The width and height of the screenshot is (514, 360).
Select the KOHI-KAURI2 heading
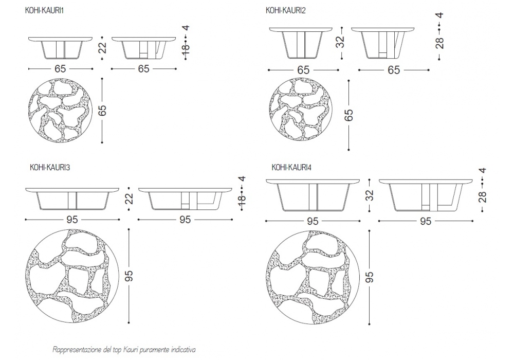point(286,10)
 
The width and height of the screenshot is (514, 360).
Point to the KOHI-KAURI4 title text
point(291,167)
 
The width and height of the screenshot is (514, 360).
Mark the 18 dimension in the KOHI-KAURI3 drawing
point(243,199)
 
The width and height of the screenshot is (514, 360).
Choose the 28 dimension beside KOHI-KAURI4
point(482,196)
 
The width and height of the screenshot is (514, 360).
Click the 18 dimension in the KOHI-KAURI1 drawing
point(186,48)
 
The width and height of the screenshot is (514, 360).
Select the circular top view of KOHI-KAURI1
point(61,110)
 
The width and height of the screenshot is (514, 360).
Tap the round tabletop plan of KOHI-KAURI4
point(314,277)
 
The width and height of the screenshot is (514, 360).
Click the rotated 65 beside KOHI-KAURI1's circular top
point(102,111)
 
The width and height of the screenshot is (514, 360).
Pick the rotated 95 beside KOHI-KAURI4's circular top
point(369,278)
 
